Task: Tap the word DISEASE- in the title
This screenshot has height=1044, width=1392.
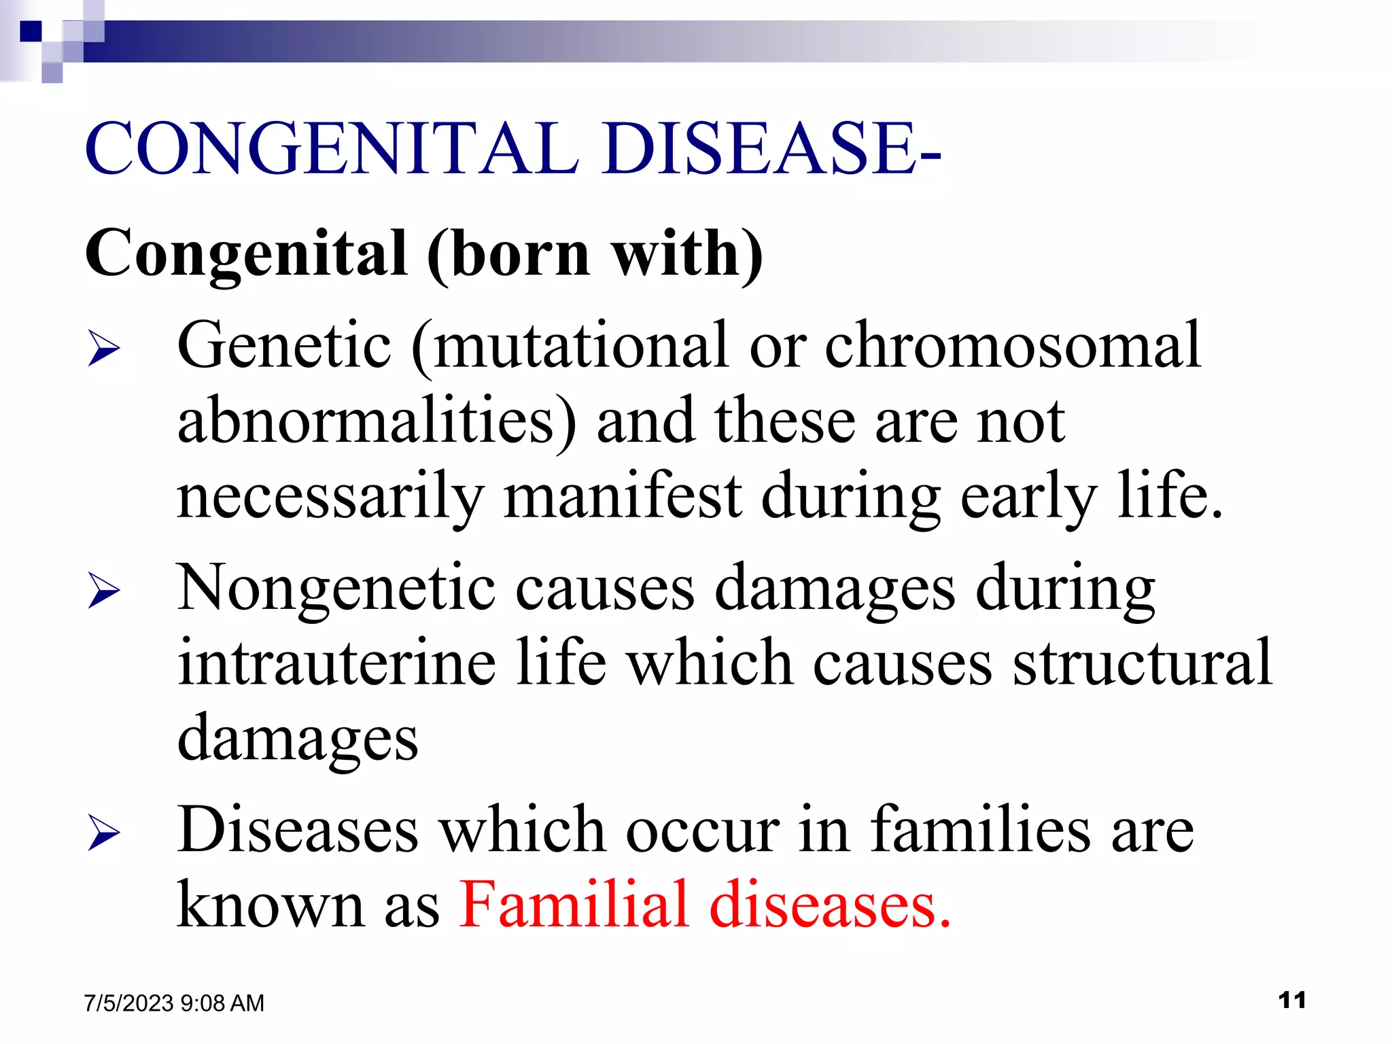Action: pyautogui.click(x=771, y=148)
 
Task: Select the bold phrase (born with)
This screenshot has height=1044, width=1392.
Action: pyautogui.click(x=595, y=254)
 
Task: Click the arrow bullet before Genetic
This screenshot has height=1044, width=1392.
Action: pyautogui.click(x=103, y=350)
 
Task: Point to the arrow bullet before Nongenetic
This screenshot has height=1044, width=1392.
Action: pyautogui.click(x=103, y=590)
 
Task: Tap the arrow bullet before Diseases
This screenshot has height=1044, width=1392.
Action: pyautogui.click(x=103, y=834)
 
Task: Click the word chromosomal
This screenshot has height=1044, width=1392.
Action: pyautogui.click(x=1013, y=345)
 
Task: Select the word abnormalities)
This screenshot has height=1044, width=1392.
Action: pyautogui.click(x=377, y=421)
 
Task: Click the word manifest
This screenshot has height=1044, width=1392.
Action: pyautogui.click(x=622, y=495)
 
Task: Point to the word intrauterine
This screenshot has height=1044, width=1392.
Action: pyautogui.click(x=336, y=662)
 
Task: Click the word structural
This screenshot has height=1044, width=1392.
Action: pyautogui.click(x=1142, y=662)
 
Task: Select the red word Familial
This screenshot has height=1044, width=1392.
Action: pyautogui.click(x=574, y=904)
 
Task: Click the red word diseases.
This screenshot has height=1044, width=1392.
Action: pyautogui.click(x=829, y=904)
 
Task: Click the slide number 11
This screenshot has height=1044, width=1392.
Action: pyautogui.click(x=1291, y=1000)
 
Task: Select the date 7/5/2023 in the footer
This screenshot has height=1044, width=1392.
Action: pyautogui.click(x=128, y=1003)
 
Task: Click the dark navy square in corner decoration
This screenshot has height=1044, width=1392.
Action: pyautogui.click(x=31, y=31)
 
